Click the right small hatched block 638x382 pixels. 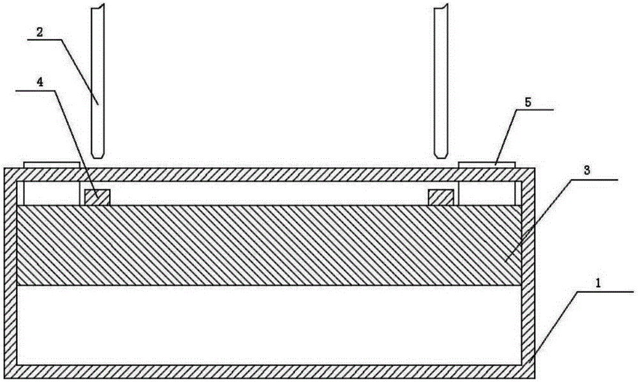point(441,197)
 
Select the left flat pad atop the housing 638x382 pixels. point(52,165)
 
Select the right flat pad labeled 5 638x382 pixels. point(487,165)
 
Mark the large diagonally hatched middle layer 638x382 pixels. point(268,245)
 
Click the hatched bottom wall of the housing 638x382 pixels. point(268,371)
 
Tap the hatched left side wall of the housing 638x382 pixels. point(10,274)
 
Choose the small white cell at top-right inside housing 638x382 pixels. point(486,193)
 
